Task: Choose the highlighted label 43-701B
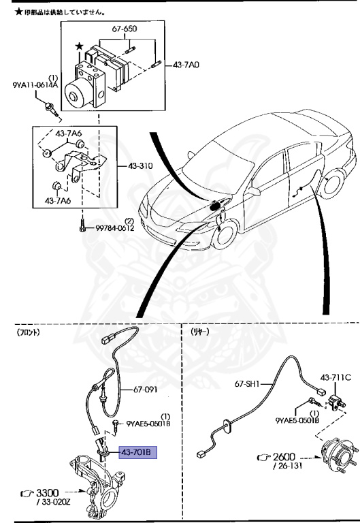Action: [x=138, y=452]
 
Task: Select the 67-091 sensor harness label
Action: [x=145, y=390]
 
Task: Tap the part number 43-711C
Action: [x=336, y=377]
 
